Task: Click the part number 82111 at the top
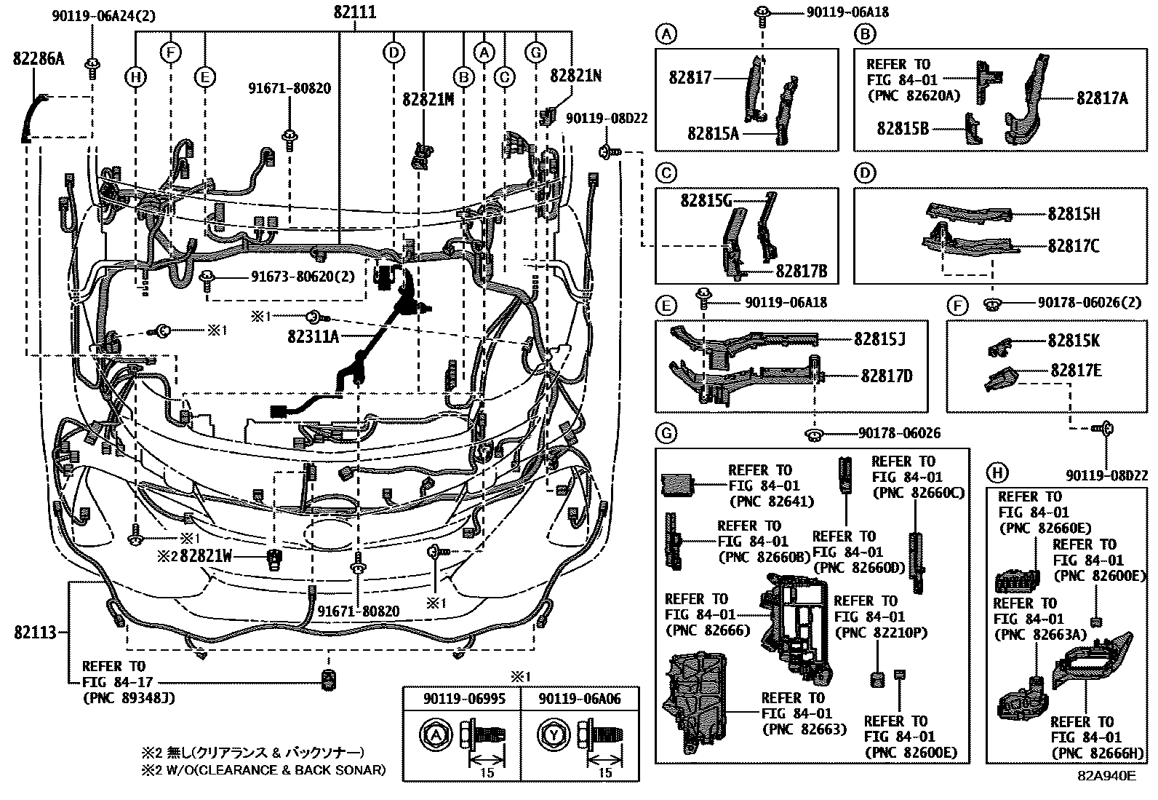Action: click(355, 12)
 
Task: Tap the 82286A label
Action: click(38, 60)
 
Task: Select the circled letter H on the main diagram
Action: click(135, 77)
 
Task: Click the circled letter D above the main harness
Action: click(394, 52)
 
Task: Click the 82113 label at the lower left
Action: click(35, 633)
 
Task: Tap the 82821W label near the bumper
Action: click(205, 557)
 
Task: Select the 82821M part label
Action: click(428, 100)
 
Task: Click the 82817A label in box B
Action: click(1101, 98)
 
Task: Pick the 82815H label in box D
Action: click(1074, 214)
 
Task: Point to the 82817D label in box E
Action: click(886, 376)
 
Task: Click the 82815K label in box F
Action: click(1074, 341)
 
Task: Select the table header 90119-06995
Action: click(462, 699)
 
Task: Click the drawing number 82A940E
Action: click(1106, 775)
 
